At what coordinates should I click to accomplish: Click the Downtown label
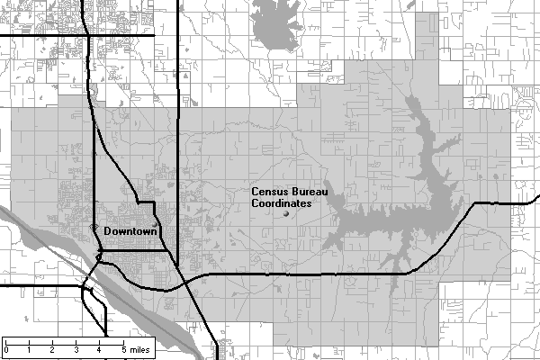click(131, 232)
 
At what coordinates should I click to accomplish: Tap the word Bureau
click(309, 193)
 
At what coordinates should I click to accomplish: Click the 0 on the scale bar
click(6, 348)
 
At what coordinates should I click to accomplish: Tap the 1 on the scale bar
click(29, 348)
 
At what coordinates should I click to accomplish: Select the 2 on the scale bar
click(52, 348)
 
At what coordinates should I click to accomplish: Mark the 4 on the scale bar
click(98, 348)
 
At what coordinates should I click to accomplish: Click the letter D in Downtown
click(108, 232)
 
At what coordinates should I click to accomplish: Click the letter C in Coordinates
click(256, 204)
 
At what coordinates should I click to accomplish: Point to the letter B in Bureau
click(293, 193)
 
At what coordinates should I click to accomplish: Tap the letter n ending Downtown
click(156, 232)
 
